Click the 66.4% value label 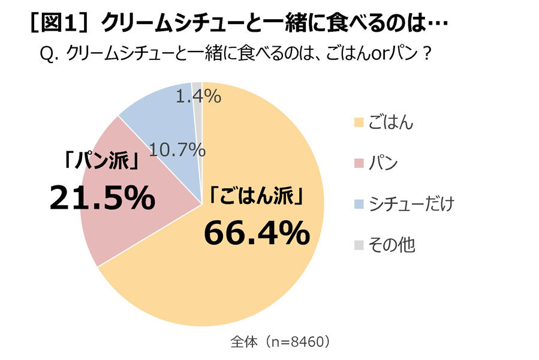pos(257,233)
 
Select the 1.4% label pos(198,95)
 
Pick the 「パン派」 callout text pos(102,162)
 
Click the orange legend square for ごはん pos(359,122)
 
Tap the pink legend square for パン pos(359,163)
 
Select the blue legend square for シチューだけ pos(359,203)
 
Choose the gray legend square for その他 pos(359,244)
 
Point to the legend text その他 pos(393,244)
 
